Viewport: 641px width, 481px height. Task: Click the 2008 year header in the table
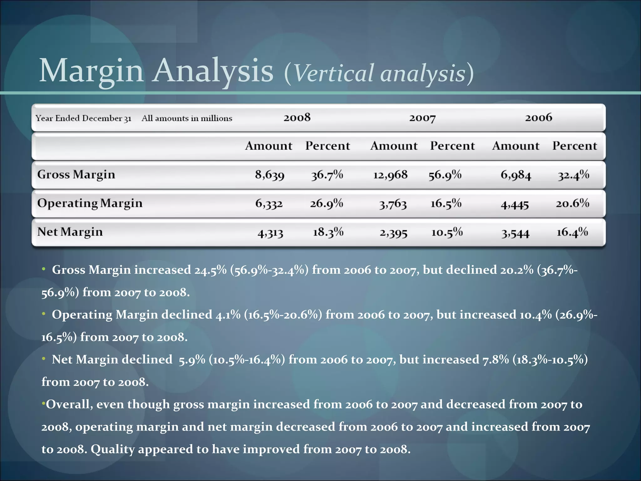pyautogui.click(x=297, y=118)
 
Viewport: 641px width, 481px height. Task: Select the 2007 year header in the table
pyautogui.click(x=422, y=118)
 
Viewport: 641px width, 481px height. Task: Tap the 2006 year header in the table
pyautogui.click(x=538, y=118)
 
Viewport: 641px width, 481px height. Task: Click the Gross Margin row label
pyautogui.click(x=76, y=174)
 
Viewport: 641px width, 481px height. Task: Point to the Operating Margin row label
pyautogui.click(x=90, y=203)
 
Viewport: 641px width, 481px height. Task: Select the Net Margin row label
pyautogui.click(x=70, y=232)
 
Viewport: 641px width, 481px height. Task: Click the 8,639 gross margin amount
pyautogui.click(x=269, y=175)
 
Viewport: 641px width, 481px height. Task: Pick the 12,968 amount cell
pyautogui.click(x=390, y=175)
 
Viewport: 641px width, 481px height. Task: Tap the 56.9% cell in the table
pyautogui.click(x=445, y=175)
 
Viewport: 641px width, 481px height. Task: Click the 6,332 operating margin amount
pyautogui.click(x=269, y=204)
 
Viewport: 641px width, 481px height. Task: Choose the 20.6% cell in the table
pyautogui.click(x=572, y=204)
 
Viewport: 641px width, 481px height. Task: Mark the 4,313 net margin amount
pyautogui.click(x=270, y=233)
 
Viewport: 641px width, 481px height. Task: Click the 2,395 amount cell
pyautogui.click(x=393, y=233)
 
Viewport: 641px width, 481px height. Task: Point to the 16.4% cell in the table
pyautogui.click(x=572, y=232)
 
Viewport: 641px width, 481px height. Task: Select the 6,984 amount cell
pyautogui.click(x=516, y=175)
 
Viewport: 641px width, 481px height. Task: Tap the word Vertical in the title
pyautogui.click(x=334, y=73)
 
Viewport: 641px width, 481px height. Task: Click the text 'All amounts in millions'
pyautogui.click(x=187, y=118)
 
